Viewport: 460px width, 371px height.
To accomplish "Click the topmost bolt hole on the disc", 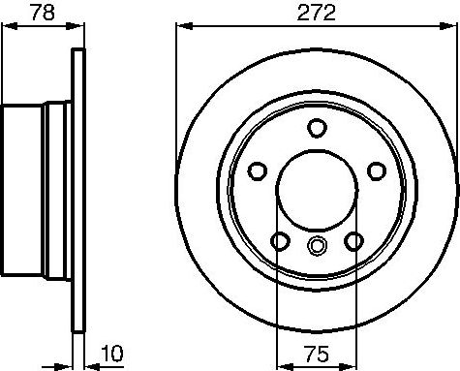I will point(317,127).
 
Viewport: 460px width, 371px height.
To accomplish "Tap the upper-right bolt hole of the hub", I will point(376,170).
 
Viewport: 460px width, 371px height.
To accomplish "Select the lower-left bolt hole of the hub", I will point(281,240).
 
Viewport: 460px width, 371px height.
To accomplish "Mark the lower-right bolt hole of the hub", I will point(354,240).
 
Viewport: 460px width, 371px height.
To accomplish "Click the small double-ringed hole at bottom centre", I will point(317,246).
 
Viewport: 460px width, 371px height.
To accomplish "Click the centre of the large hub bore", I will point(317,188).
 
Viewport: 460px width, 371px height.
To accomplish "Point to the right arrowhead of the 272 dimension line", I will point(451,28).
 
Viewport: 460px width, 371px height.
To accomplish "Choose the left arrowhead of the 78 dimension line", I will point(6,28).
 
